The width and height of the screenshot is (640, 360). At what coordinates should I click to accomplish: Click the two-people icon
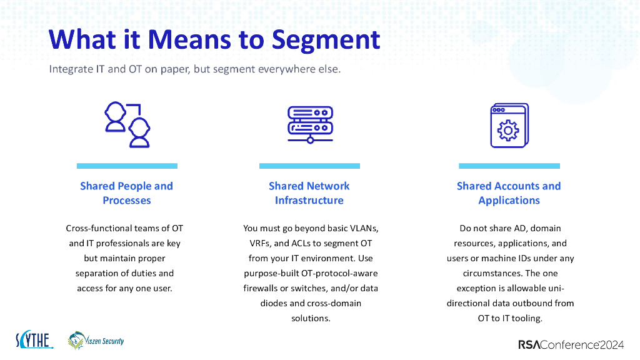click(x=127, y=125)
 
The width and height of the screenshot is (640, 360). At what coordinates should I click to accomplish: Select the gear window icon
click(x=509, y=125)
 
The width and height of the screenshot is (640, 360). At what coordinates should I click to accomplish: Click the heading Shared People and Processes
click(x=126, y=193)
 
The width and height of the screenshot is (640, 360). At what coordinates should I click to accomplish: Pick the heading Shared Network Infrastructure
click(x=309, y=193)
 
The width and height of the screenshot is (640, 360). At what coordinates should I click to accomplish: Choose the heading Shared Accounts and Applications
click(x=509, y=193)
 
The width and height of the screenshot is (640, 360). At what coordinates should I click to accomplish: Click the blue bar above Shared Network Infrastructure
click(x=309, y=166)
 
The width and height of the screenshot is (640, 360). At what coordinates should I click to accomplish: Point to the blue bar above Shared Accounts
click(x=509, y=166)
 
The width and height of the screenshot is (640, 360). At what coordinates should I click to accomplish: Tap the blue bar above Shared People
click(x=127, y=166)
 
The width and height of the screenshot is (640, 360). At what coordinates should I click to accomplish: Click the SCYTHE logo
click(x=34, y=341)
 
